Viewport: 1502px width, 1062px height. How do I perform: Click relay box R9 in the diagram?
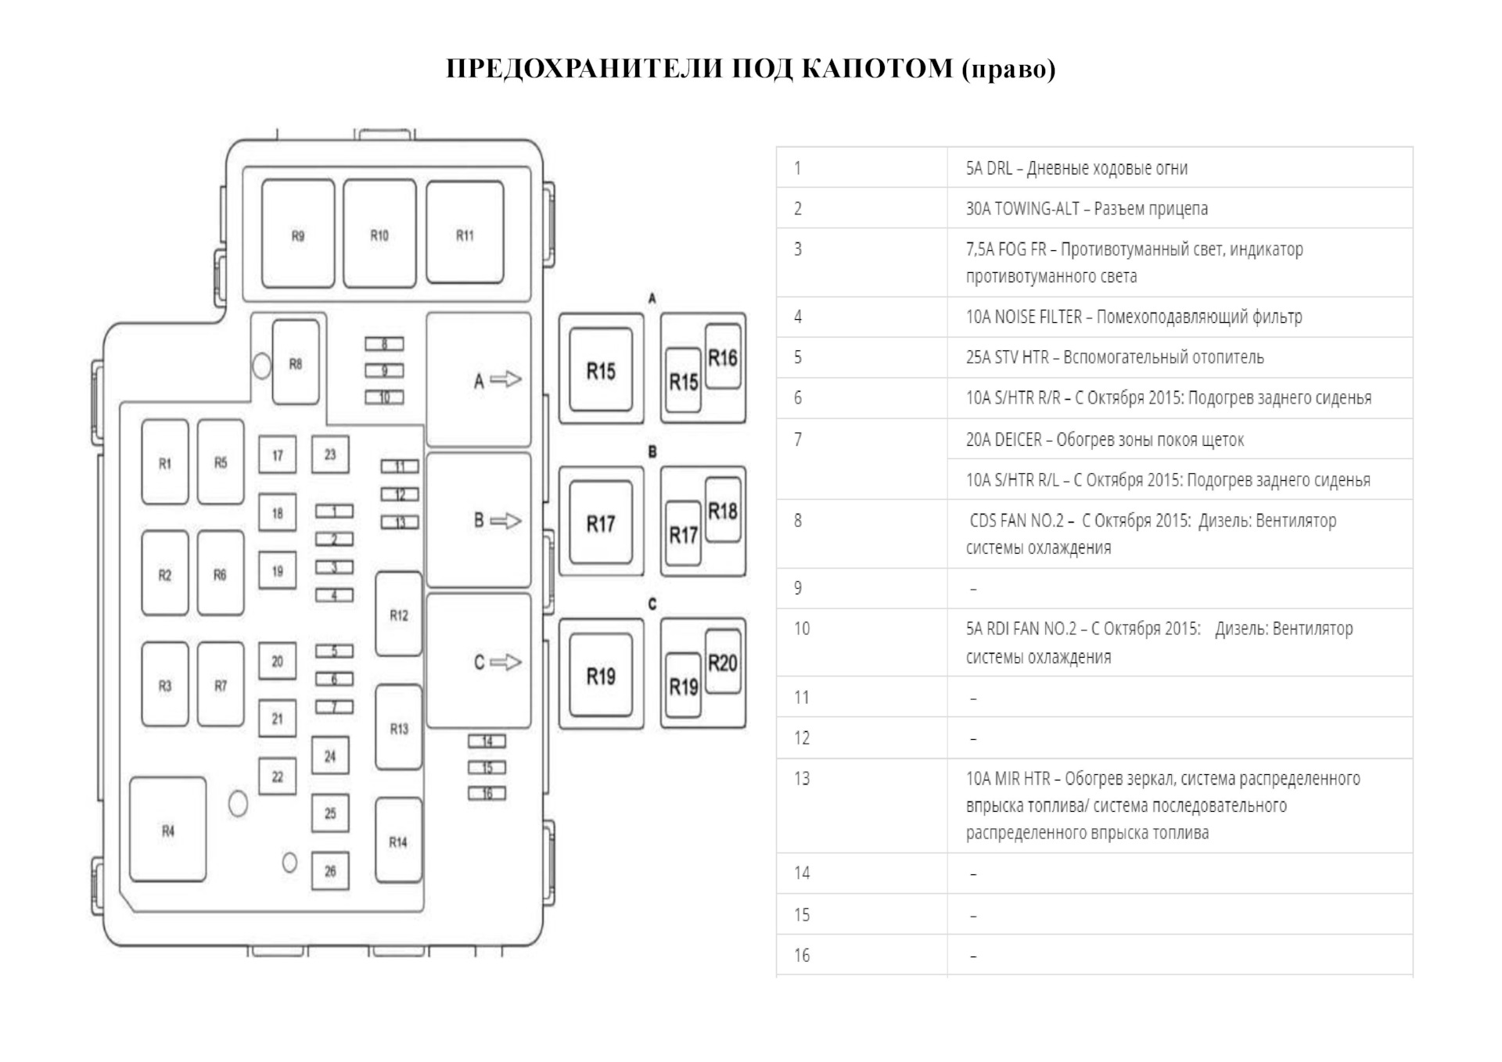(298, 234)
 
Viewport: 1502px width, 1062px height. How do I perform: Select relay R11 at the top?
(465, 234)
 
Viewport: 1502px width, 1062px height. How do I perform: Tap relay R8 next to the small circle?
(296, 362)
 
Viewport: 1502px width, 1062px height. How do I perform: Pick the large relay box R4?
(168, 830)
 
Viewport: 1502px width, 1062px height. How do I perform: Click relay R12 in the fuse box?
(399, 615)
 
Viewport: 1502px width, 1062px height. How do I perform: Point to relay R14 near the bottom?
(399, 841)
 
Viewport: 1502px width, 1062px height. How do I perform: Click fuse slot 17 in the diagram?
(278, 455)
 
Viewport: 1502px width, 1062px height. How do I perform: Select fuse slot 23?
(330, 454)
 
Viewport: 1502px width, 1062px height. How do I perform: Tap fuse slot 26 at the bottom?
(330, 870)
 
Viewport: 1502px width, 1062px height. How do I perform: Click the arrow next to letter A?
(506, 380)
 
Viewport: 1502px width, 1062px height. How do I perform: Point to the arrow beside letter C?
(506, 662)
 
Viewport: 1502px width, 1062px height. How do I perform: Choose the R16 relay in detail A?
(723, 357)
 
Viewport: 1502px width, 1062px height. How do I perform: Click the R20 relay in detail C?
(723, 662)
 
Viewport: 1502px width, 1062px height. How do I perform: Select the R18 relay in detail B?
(723, 511)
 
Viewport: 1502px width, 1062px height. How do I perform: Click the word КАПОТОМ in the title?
(877, 69)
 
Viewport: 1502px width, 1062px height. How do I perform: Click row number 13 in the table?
(802, 779)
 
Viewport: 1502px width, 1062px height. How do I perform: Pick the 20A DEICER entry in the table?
(1104, 440)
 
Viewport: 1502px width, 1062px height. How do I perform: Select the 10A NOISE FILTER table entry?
(1134, 317)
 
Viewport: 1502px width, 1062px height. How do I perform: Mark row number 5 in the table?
(798, 357)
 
